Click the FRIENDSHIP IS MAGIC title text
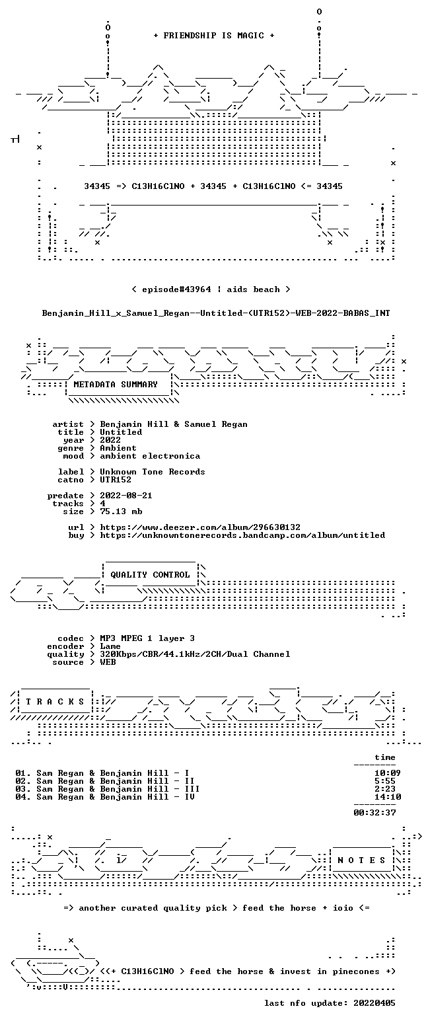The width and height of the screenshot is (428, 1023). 214,36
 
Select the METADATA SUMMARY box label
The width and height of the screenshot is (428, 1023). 116,385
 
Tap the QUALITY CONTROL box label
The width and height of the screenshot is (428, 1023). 150,575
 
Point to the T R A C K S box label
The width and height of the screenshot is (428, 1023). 55,702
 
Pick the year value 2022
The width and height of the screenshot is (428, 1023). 110,440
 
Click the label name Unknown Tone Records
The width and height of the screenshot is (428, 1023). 153,473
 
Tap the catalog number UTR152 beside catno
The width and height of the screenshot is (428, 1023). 116,480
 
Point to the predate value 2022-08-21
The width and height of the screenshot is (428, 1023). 126,496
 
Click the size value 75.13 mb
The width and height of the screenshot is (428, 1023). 121,511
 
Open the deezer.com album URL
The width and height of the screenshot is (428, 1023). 200,527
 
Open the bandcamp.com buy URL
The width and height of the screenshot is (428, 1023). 242,535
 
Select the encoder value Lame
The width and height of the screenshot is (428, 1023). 110,647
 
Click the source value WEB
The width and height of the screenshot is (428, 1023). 108,662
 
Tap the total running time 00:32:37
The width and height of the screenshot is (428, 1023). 374,813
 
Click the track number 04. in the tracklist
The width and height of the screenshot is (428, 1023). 23,797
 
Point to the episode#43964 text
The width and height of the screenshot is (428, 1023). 176,289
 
